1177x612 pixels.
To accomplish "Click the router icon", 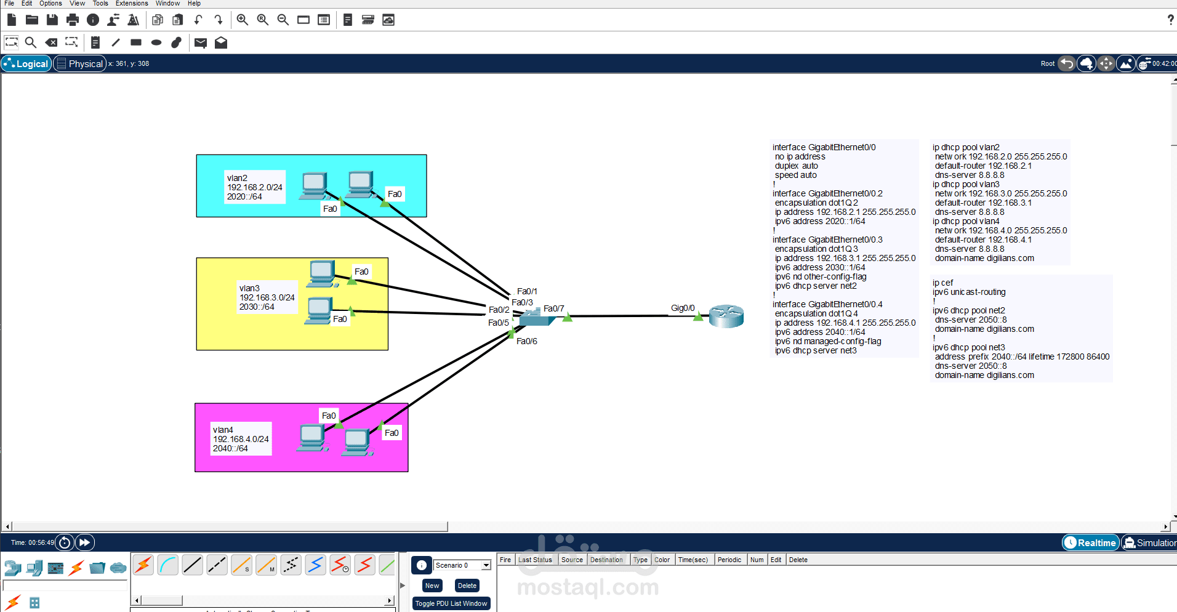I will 726,316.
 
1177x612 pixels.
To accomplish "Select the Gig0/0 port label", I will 683,308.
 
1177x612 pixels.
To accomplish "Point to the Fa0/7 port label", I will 553,308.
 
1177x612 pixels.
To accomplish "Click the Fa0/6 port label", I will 526,341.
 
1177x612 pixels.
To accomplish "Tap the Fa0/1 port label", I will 527,291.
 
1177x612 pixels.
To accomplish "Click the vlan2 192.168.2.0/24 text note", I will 255,187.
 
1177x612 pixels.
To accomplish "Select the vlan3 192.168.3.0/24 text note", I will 267,297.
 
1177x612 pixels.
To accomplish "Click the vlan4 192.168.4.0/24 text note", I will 241,439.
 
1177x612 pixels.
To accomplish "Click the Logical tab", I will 26,63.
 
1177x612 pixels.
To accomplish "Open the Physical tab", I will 80,63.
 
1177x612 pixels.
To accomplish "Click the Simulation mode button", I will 1149,542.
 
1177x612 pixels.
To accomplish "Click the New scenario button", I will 432,586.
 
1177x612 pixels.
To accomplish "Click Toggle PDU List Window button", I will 451,603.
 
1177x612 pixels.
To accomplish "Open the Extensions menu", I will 132,4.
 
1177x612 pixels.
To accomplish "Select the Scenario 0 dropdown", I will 462,565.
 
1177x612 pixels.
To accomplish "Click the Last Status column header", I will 535,560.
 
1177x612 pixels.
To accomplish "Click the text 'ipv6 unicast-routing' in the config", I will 970,292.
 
